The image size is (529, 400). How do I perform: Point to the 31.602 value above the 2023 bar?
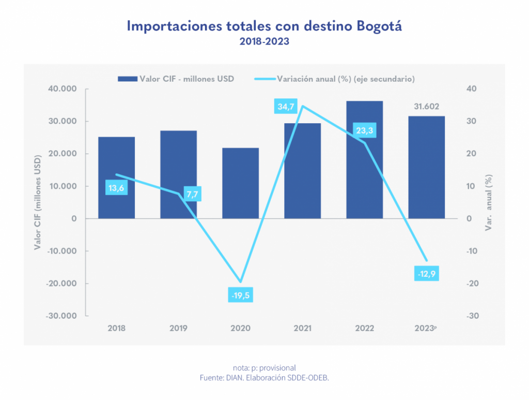pos(426,107)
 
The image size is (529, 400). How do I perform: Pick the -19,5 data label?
pos(240,295)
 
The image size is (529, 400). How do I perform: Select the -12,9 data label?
pos(426,273)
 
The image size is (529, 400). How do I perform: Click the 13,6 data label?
pos(116,188)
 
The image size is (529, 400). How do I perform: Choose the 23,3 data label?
pos(364,130)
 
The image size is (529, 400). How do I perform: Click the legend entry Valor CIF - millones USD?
pos(176,79)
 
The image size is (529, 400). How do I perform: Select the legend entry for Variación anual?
pos(336,79)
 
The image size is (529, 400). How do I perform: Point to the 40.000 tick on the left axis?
pos(62,89)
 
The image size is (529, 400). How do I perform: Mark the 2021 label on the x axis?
pos(302,328)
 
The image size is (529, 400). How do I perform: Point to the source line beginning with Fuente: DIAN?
pos(264,378)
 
